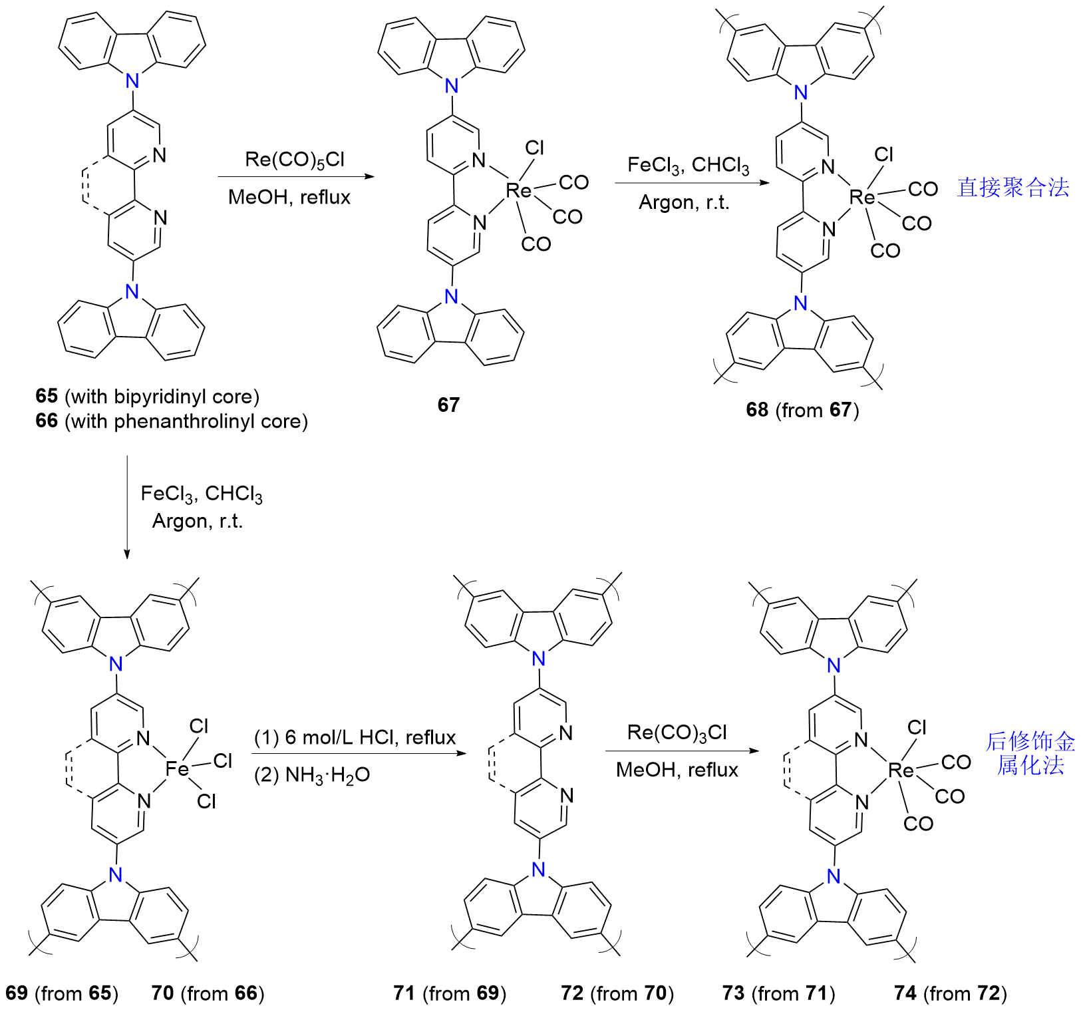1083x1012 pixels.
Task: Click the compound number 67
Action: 448,405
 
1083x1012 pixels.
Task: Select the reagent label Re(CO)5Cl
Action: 295,160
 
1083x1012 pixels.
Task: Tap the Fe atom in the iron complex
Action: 178,769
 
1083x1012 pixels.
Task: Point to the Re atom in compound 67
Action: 519,191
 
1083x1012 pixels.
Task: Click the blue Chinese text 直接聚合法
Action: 1012,188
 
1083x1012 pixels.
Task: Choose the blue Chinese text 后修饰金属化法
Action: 1030,753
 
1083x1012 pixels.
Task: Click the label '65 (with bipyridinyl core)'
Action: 147,397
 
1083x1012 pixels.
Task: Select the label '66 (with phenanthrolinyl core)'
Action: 172,421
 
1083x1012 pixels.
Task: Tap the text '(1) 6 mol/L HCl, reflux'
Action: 355,737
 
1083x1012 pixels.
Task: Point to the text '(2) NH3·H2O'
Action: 311,775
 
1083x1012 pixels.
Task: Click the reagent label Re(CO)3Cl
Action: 677,733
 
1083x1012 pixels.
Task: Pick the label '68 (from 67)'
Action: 802,410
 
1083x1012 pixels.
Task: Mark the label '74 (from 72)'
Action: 951,993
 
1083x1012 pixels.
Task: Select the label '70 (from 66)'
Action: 208,993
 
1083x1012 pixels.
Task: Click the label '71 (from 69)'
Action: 450,993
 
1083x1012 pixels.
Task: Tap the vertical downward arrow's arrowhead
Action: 127,554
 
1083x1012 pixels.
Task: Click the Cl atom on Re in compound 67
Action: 534,148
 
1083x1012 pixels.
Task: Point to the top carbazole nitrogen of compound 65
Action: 133,81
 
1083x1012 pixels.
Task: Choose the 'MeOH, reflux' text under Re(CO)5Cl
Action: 289,198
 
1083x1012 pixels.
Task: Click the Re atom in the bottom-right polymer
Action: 901,770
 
